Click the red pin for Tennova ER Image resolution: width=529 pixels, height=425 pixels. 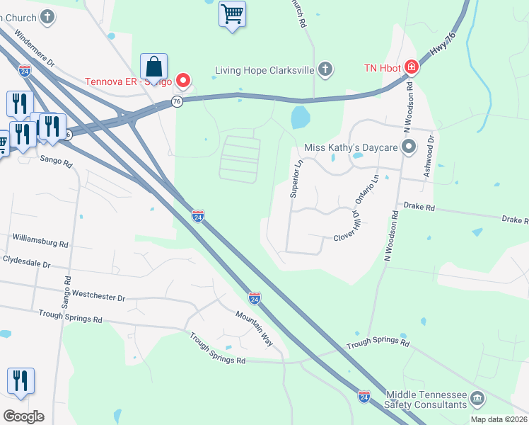183,80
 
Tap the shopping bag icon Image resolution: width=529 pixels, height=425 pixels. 153,67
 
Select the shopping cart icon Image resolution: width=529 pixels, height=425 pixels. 232,13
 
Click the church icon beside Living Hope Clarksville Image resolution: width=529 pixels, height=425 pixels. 325,69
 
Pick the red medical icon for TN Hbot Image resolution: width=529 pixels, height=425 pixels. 410,68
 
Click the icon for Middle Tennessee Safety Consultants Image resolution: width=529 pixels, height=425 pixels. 477,398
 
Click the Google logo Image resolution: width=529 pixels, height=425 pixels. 23,416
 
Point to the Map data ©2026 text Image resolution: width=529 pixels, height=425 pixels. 499,419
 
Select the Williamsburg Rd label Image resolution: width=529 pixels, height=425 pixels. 40,241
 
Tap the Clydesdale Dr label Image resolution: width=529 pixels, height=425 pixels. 27,262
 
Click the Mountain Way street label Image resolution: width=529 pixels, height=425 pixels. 255,327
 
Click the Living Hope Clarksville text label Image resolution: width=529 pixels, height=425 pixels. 264,69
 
